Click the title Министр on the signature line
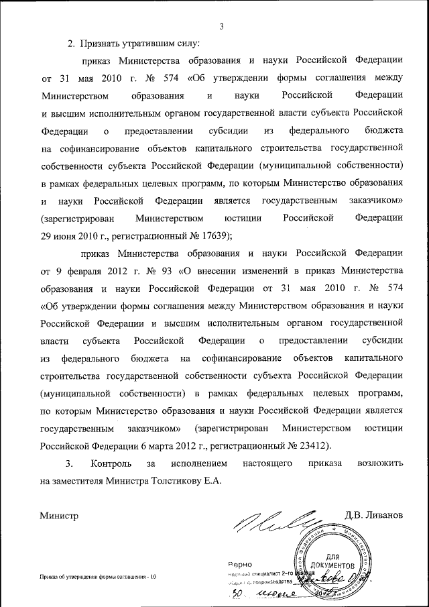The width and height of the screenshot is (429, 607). coord(59,516)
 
